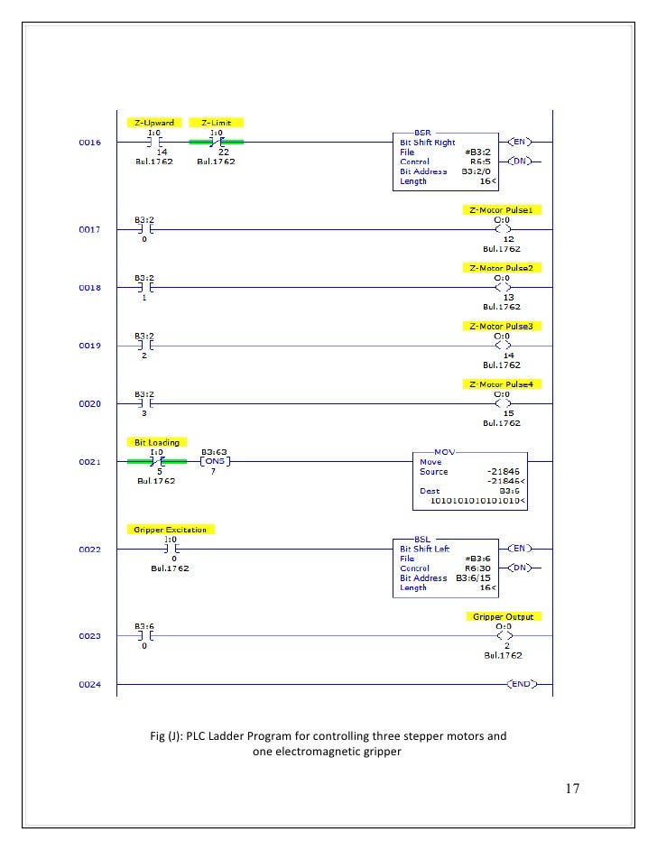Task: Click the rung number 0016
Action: [89, 143]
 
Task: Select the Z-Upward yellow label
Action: [153, 123]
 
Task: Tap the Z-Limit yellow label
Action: [217, 123]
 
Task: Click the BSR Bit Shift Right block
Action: [446, 157]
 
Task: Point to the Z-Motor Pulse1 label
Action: [502, 210]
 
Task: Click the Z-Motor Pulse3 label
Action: [502, 326]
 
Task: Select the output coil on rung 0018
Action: [503, 288]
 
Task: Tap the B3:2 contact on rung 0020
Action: [145, 404]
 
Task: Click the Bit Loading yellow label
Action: [157, 442]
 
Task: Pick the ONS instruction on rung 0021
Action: [215, 462]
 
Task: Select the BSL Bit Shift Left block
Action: [446, 564]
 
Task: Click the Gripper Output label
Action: [504, 617]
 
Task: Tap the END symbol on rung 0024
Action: [521, 685]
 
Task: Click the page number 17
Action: [572, 789]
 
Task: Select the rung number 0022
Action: [89, 550]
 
